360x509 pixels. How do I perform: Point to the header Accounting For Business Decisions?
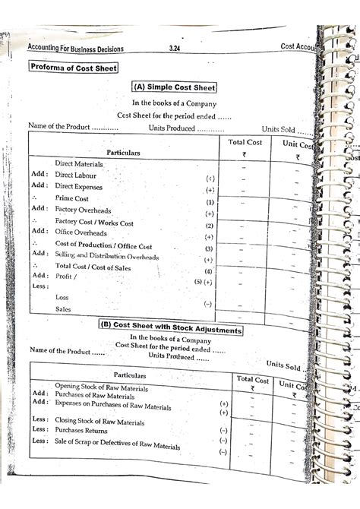coord(75,49)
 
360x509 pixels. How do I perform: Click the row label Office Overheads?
coord(81,232)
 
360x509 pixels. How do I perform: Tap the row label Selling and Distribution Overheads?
coord(107,256)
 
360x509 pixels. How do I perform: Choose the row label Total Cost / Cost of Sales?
coord(96,267)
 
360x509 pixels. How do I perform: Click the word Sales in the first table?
coord(64,310)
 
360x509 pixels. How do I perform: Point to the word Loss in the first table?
coord(62,297)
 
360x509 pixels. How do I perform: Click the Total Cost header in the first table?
coord(244,143)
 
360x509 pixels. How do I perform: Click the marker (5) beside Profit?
coord(197,281)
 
